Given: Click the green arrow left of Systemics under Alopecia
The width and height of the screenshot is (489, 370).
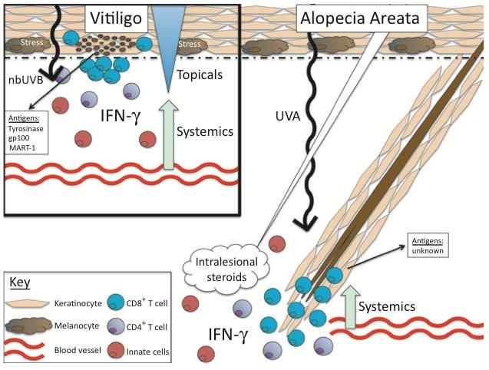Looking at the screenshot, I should tap(352, 305).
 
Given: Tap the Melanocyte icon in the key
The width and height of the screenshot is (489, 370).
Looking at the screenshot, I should tap(28, 325).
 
